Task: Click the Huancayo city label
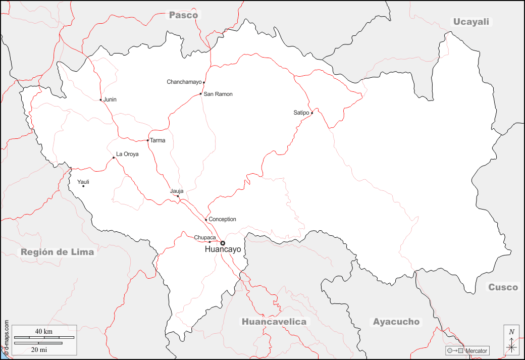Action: [x=223, y=250]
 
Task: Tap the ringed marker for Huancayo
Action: [x=223, y=243]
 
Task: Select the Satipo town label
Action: [x=301, y=113]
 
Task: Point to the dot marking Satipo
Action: [x=312, y=113]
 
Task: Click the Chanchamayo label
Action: [x=184, y=82]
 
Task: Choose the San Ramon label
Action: [x=218, y=94]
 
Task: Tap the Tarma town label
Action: [x=157, y=140]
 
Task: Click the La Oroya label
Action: [x=127, y=154]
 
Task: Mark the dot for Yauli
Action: [x=83, y=186]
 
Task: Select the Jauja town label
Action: [x=177, y=191]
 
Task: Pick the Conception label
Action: [x=222, y=219]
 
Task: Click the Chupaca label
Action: [x=205, y=237]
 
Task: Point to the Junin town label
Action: [x=110, y=99]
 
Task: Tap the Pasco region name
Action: [x=183, y=15]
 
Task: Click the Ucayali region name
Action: [x=471, y=21]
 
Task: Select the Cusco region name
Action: [x=502, y=287]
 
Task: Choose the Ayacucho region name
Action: [x=396, y=322]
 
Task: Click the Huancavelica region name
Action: [x=274, y=322]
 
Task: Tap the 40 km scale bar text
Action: [x=44, y=331]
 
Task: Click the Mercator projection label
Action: [x=476, y=350]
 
